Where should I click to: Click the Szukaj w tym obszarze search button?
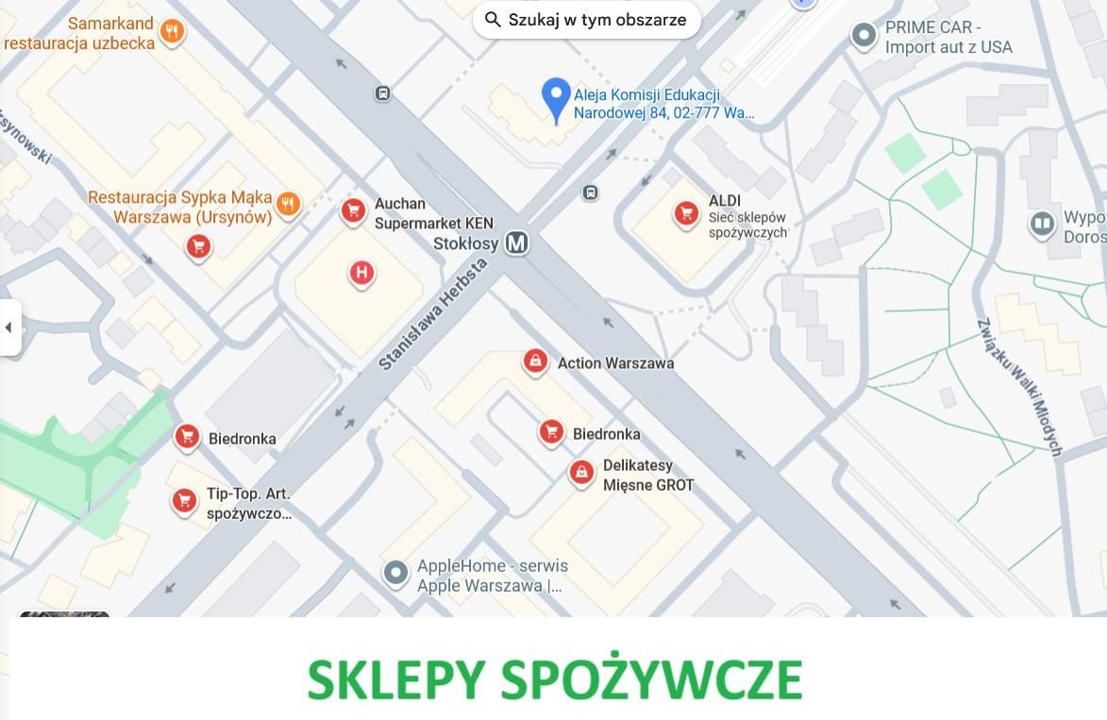pos(586,20)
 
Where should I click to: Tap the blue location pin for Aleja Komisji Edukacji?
pos(556,96)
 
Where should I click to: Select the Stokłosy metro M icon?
pos(516,243)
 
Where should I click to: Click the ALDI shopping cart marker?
pos(686,213)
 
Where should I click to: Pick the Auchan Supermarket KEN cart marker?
pos(353,209)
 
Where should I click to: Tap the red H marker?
pos(361,274)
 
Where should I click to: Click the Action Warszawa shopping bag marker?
pos(535,360)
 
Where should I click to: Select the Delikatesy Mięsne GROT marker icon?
pos(581,472)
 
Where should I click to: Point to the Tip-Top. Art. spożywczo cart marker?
pos(184,500)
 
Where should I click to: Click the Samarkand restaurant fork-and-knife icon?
pos(171,32)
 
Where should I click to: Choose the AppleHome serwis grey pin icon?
pos(395,572)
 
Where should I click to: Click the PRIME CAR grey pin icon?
pos(864,36)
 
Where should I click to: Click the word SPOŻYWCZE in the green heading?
pos(651,679)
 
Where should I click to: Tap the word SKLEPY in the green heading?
pos(396,679)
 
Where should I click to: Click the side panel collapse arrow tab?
pos(9,327)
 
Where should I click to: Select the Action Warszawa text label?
pos(615,363)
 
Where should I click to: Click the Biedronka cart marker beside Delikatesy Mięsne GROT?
pos(551,431)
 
